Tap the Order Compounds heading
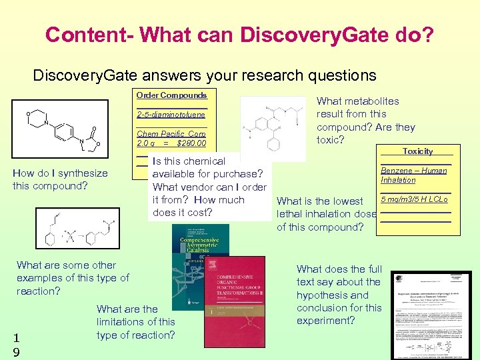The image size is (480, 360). (x=171, y=95)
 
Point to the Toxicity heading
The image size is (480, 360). (x=417, y=151)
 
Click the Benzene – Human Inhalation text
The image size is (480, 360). (x=413, y=175)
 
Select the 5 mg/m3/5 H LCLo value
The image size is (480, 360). (x=414, y=199)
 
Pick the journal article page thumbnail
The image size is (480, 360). (x=431, y=313)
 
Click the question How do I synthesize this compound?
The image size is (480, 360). (x=60, y=179)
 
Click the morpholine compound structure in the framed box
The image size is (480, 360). (x=61, y=129)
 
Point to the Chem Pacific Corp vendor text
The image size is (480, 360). (x=171, y=133)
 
